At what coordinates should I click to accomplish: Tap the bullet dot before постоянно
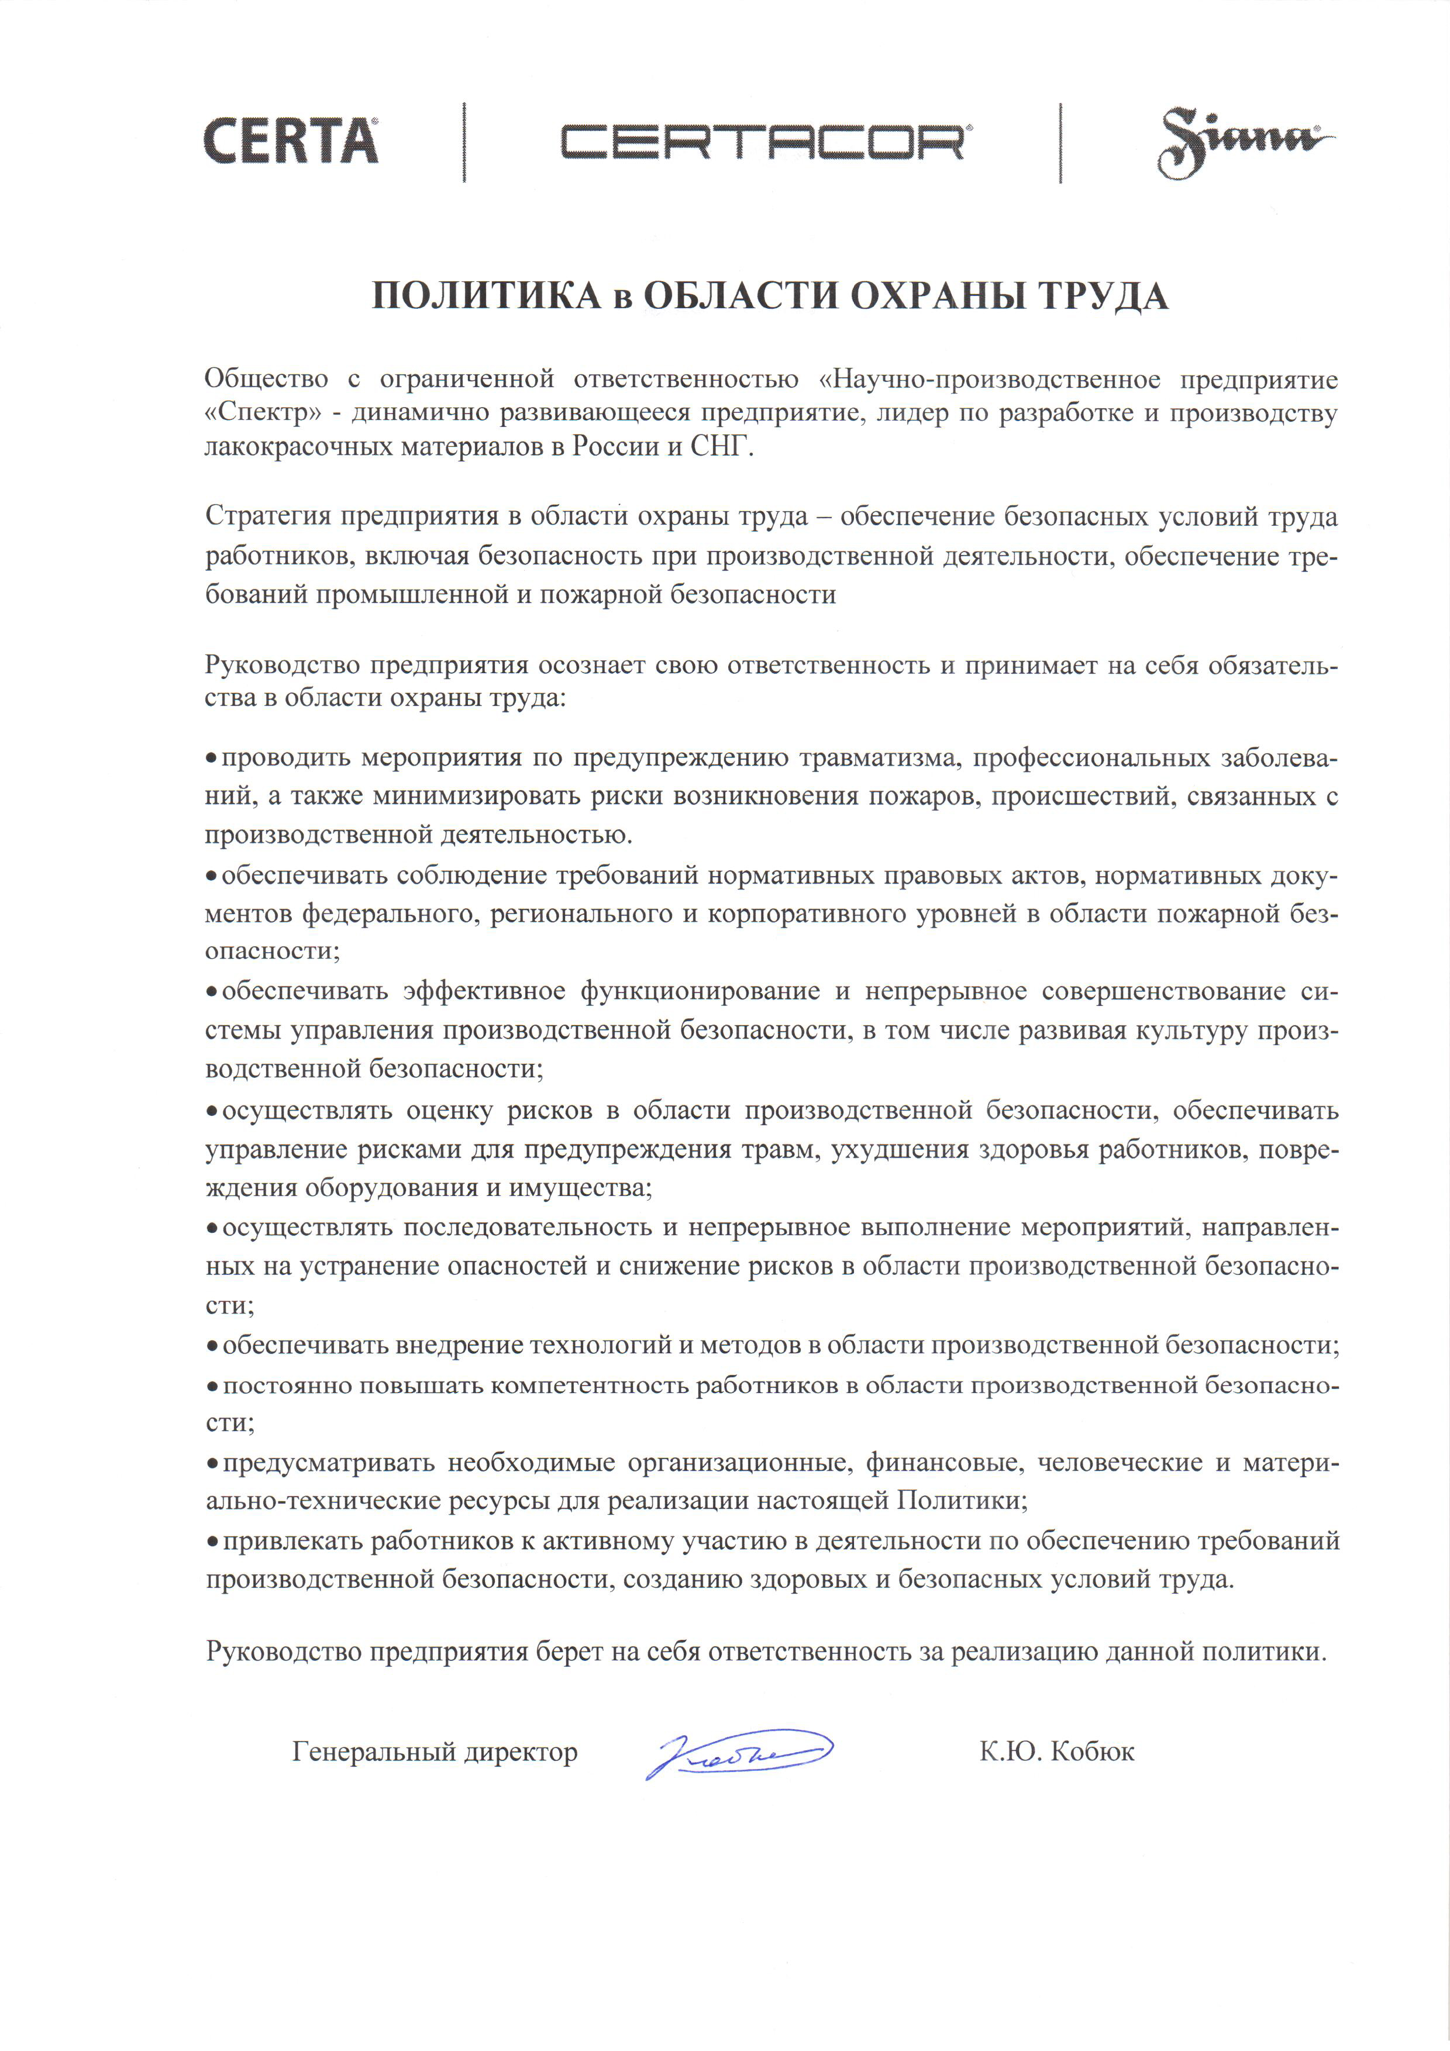(x=212, y=1387)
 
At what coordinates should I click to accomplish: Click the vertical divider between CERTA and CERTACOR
(x=464, y=143)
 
